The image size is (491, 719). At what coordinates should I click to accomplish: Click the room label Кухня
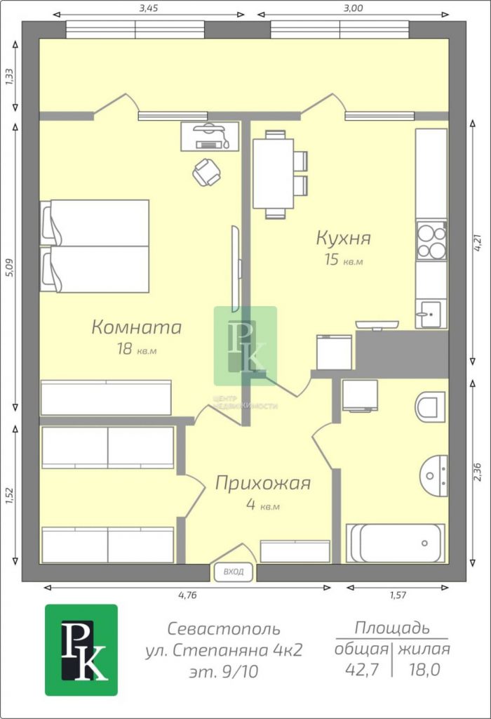tap(343, 239)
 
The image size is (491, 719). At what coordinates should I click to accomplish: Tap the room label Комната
tap(137, 327)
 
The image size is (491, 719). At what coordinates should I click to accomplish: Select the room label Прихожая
tap(263, 483)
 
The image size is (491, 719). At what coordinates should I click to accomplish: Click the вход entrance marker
tap(234, 572)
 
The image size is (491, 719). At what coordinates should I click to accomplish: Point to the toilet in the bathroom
tap(431, 407)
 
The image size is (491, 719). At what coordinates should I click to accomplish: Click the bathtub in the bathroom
tap(396, 543)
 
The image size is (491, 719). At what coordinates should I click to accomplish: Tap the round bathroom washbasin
tap(433, 476)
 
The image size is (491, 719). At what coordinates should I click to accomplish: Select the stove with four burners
tap(431, 241)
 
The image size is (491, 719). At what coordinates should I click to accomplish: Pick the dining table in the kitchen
tap(274, 173)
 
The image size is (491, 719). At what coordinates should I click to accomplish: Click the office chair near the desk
tap(206, 173)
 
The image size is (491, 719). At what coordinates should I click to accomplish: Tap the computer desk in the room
tap(210, 136)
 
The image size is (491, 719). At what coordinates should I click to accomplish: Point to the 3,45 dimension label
tap(149, 8)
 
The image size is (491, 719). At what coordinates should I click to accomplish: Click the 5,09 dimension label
tap(10, 268)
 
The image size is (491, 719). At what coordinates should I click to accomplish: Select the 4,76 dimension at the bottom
tap(188, 595)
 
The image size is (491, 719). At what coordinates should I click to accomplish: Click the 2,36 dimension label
tap(477, 472)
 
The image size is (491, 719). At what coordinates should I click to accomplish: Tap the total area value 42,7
tap(362, 670)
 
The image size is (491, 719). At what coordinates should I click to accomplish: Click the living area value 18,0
tap(424, 670)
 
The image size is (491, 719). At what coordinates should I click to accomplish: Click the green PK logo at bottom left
tap(81, 650)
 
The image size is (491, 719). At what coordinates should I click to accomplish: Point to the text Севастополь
tap(224, 628)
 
